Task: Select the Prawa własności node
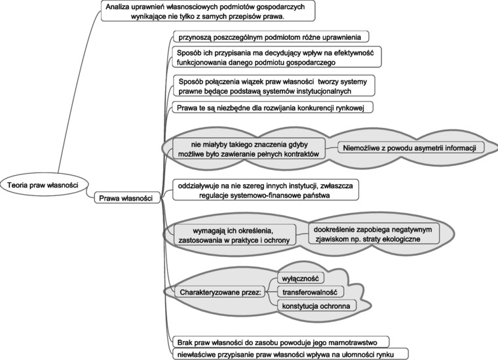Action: click(x=126, y=197)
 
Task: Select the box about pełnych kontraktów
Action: click(x=250, y=148)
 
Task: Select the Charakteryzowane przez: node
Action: click(x=218, y=290)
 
